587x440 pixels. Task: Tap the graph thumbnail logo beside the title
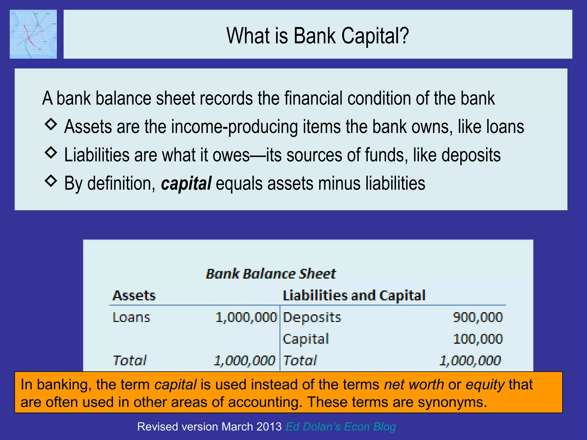click(x=33, y=34)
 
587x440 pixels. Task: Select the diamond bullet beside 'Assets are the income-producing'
click(x=51, y=124)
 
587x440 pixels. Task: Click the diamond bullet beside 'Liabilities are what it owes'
click(x=51, y=152)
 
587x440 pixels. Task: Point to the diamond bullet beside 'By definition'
click(x=51, y=181)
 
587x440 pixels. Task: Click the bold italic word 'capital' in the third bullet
click(x=186, y=184)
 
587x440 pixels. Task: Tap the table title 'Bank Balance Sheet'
click(x=271, y=274)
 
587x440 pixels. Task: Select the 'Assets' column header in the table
click(x=134, y=296)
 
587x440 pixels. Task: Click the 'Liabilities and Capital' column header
click(x=354, y=296)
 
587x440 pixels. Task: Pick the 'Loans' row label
click(x=131, y=317)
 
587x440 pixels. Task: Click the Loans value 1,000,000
click(x=246, y=317)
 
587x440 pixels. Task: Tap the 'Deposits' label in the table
click(x=312, y=317)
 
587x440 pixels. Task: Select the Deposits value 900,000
click(x=478, y=317)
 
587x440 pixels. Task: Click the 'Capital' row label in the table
click(x=306, y=339)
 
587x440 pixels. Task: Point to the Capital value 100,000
click(x=478, y=339)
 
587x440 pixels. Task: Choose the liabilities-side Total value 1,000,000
click(x=470, y=361)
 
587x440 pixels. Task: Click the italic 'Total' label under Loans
click(x=130, y=361)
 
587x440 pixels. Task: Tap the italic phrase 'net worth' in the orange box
click(x=414, y=385)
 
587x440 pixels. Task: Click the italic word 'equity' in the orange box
click(x=485, y=385)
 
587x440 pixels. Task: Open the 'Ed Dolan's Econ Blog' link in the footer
click(x=341, y=427)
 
